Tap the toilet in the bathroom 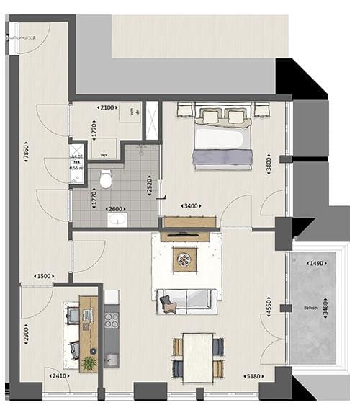coord(107,179)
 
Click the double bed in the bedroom coord(222,138)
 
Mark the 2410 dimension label coord(58,375)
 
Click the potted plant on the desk coord(89,363)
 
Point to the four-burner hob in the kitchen coord(112,318)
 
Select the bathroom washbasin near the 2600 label coord(116,220)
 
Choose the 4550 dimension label coord(269,306)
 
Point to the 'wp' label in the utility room coord(103,154)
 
